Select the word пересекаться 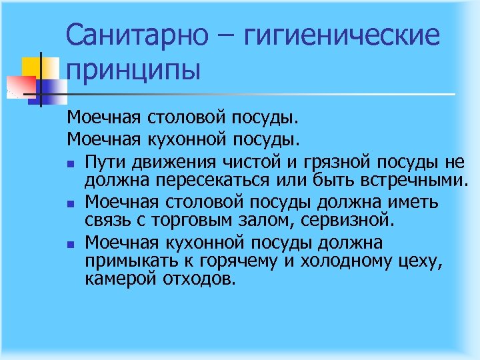point(216,181)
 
